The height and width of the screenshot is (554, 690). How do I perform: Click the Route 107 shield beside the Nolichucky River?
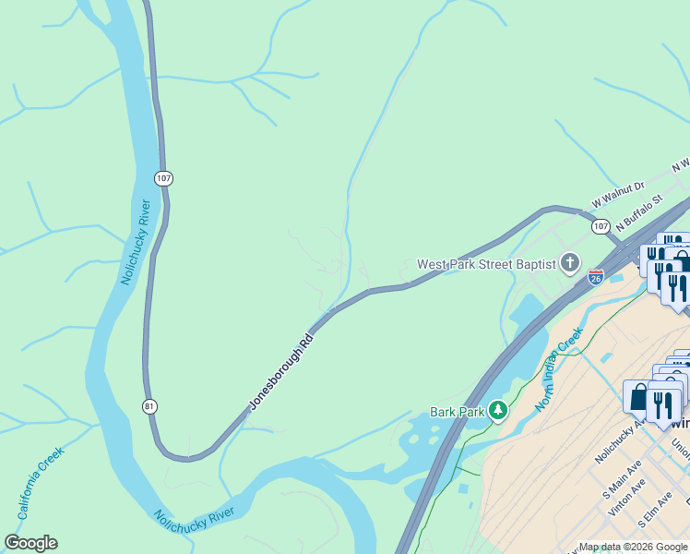163,177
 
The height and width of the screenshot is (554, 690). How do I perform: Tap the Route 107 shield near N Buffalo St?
601,226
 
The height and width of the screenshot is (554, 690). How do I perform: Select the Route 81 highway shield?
149,406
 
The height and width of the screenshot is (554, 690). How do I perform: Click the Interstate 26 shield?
596,276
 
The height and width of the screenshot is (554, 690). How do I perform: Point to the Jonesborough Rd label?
281,371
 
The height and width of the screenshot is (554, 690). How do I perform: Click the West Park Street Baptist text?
486,264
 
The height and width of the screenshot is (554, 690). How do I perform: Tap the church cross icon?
570,264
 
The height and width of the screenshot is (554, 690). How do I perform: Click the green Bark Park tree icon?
498,410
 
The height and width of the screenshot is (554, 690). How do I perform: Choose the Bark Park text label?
457,412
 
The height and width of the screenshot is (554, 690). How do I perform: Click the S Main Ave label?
624,486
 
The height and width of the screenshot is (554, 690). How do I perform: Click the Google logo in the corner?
30,543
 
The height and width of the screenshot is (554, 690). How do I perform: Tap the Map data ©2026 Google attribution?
633,547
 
